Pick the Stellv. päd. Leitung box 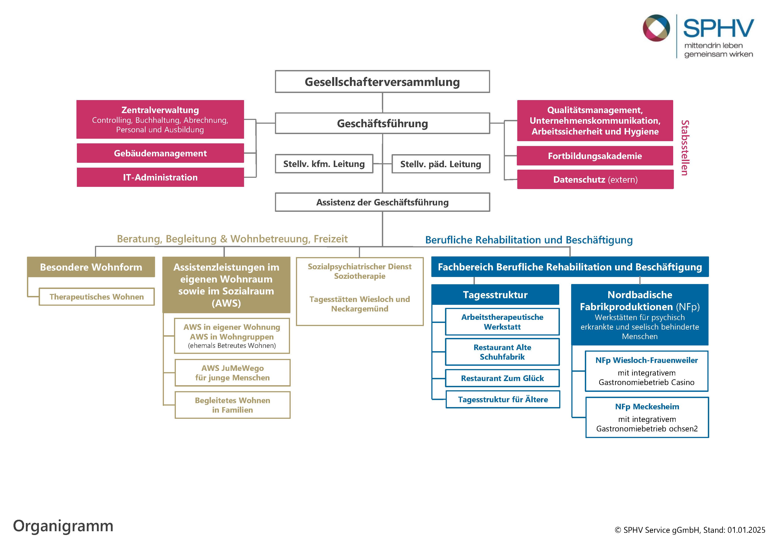(440, 164)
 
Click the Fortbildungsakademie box (595, 156)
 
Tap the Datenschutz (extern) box (595, 180)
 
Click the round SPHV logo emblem (656, 28)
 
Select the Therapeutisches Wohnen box (97, 297)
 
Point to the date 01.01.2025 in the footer (746, 530)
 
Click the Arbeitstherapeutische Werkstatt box (502, 322)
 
